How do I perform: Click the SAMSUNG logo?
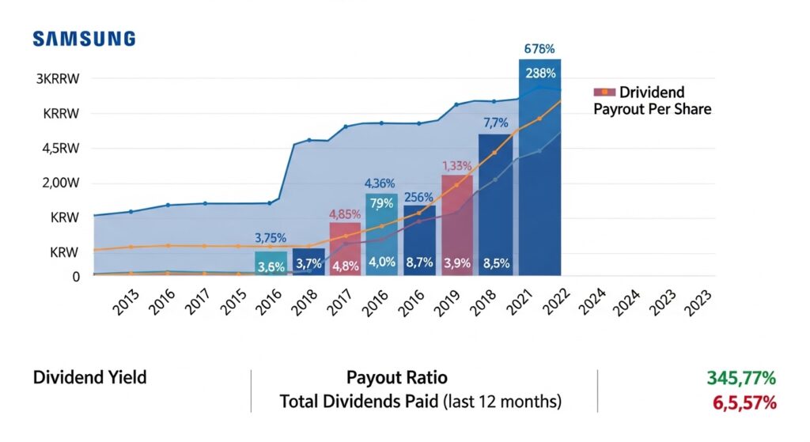pos(84,39)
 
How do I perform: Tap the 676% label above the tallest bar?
pos(540,49)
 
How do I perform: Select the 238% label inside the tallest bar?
pos(540,73)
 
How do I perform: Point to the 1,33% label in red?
pos(456,166)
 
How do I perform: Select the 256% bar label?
pos(418,198)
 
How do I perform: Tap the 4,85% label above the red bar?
pos(345,213)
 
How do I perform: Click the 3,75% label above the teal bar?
pos(271,238)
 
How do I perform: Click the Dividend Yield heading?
pos(89,378)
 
